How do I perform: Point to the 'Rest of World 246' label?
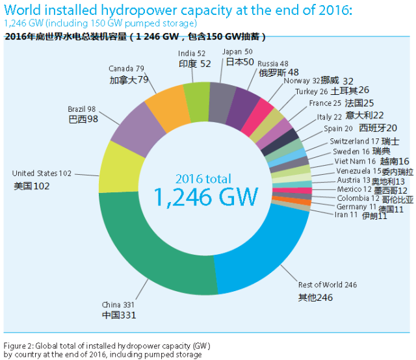[328, 285]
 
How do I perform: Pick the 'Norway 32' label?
[302, 81]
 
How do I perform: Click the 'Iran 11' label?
[345, 214]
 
